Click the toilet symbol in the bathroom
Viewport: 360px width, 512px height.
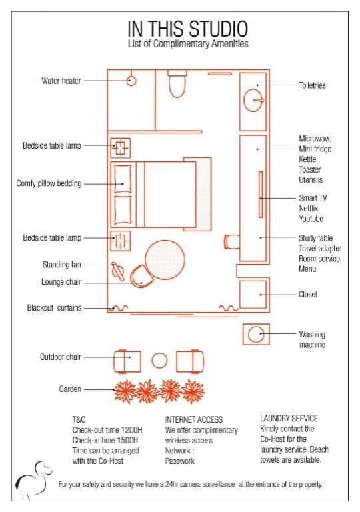click(x=177, y=83)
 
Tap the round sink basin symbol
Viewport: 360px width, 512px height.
click(x=253, y=100)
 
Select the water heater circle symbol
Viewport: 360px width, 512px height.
click(x=131, y=81)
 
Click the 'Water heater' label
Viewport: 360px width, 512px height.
click(x=61, y=81)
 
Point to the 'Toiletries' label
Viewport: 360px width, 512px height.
click(x=312, y=85)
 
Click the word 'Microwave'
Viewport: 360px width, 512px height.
click(x=315, y=139)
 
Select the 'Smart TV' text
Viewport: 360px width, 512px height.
click(x=313, y=198)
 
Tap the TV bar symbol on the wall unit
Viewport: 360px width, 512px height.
click(x=261, y=194)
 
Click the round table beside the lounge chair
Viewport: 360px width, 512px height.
click(x=165, y=260)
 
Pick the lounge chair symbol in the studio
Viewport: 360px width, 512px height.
click(x=142, y=276)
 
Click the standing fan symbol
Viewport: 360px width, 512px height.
click(x=118, y=271)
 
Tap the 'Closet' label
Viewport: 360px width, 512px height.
click(x=308, y=295)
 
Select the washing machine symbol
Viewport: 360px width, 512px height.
click(x=256, y=334)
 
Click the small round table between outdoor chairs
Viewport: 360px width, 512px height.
click(x=160, y=361)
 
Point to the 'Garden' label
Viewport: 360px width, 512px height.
click(x=70, y=389)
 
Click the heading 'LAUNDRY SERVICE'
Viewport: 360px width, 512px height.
click(x=289, y=419)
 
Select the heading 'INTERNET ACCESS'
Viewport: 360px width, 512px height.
click(x=194, y=419)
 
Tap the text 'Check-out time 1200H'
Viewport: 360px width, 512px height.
click(x=107, y=430)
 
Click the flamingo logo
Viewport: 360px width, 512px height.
click(x=33, y=480)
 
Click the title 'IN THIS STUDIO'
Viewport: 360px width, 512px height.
click(x=188, y=29)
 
